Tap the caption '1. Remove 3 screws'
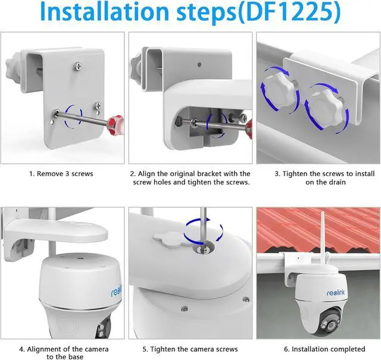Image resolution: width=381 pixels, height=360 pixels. click(x=61, y=174)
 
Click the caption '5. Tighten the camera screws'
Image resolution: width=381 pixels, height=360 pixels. click(x=190, y=349)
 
